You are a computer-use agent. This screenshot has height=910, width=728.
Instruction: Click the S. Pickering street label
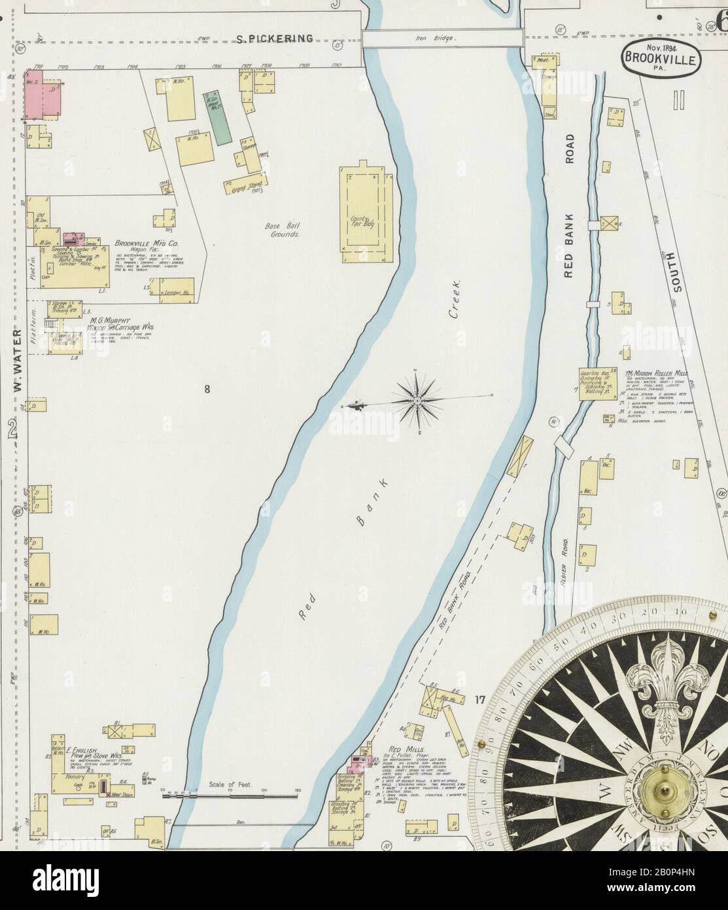click(x=274, y=39)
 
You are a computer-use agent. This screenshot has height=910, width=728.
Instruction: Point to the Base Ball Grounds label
click(x=283, y=229)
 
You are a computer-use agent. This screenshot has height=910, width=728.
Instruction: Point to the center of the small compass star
click(x=417, y=399)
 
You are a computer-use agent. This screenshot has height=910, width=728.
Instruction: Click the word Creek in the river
click(x=455, y=299)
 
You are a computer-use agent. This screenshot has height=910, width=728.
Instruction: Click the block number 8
click(x=207, y=390)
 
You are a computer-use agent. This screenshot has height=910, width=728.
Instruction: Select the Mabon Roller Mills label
click(x=656, y=371)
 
